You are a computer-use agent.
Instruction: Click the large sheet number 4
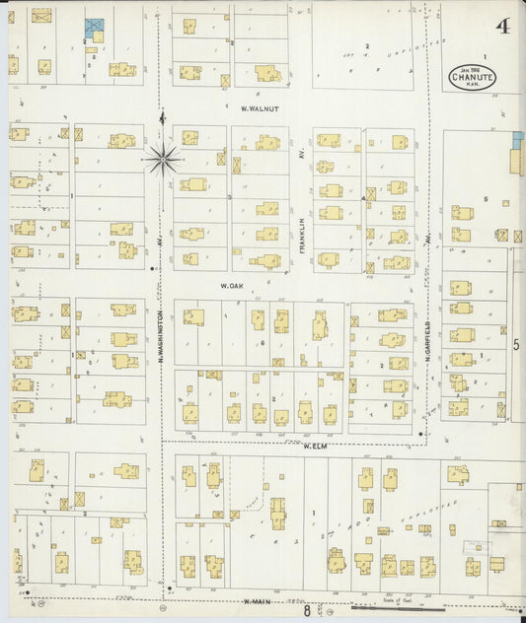tap(503, 27)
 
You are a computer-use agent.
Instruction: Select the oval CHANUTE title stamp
tap(470, 76)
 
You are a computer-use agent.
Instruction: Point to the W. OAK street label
tap(232, 286)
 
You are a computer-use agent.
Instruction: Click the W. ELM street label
tap(315, 446)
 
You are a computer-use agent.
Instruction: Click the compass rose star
tap(162, 157)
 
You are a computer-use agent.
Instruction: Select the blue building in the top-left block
tap(94, 27)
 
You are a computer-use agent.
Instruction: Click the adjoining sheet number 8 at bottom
tap(307, 611)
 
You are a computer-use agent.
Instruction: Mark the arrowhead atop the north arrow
tap(162, 116)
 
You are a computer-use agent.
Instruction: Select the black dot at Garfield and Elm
tap(420, 434)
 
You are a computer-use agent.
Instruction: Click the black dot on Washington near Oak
tap(151, 268)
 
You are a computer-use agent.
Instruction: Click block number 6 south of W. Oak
tap(263, 342)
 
